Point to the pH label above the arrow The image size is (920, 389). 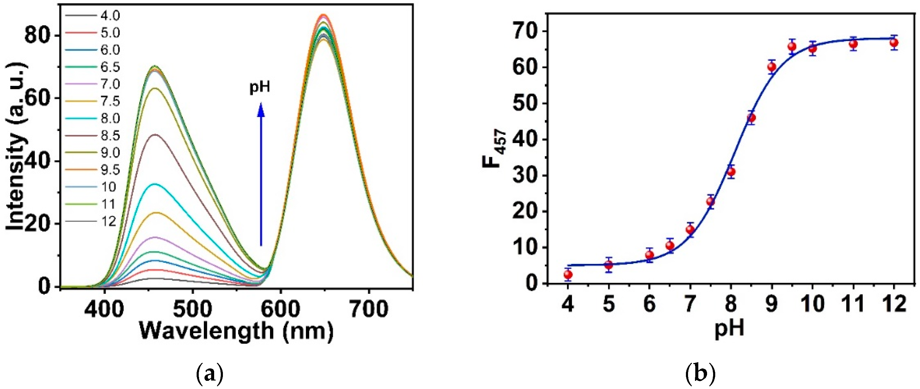click(260, 88)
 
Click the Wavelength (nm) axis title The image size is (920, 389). click(236, 331)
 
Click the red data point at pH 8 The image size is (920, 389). click(731, 172)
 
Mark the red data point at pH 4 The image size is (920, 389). click(568, 274)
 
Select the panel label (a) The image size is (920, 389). click(210, 375)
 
